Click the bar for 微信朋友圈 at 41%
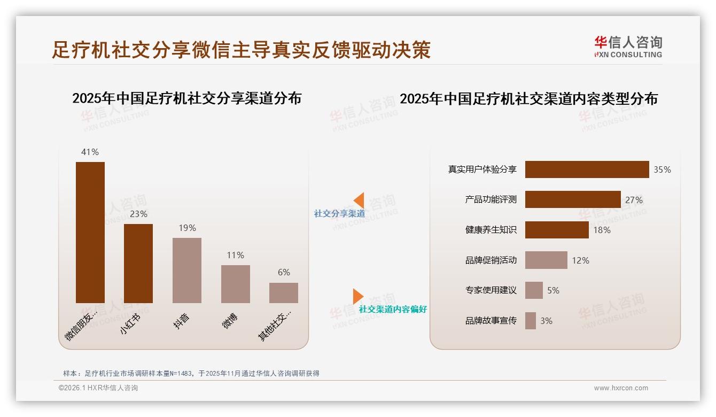90,232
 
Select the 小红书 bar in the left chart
138,263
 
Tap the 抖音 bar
187,270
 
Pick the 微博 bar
235,284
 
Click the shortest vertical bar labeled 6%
284,293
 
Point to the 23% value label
138,214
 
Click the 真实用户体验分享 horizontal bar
587,169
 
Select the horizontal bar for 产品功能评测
573,199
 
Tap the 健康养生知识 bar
557,230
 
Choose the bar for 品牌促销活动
546,260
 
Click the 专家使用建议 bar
534,290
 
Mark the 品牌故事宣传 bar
531,321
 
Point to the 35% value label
662,170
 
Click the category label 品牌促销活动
491,260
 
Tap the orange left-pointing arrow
359,200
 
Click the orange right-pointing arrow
358,296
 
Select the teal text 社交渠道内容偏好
393,310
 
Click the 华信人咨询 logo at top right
628,47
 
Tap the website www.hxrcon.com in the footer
621,388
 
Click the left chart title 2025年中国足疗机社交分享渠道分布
187,98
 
